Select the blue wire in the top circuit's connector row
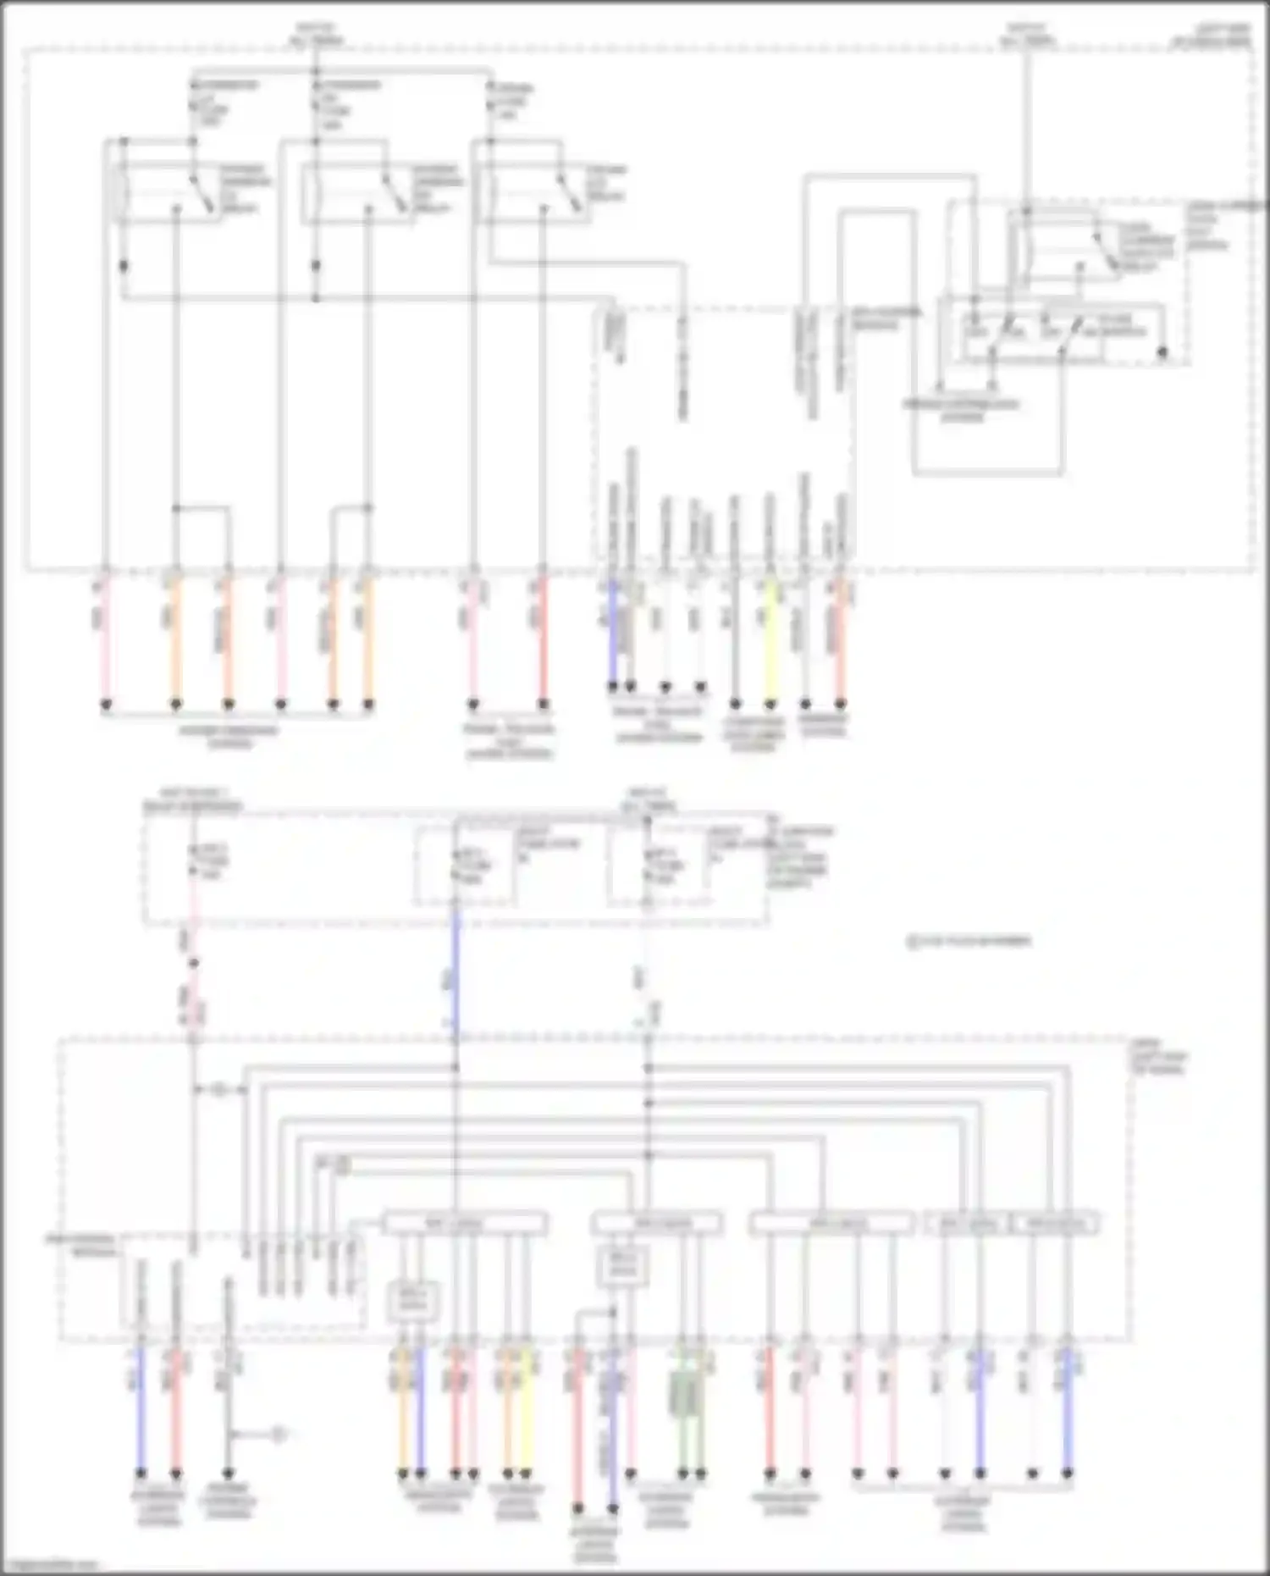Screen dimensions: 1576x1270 612,631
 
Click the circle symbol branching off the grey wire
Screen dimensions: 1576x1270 279,1435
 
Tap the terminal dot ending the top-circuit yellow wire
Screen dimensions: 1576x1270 770,704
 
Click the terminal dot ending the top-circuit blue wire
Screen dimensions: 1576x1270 612,686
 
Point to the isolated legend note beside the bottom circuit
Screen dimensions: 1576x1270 969,941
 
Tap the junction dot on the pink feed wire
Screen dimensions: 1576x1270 193,963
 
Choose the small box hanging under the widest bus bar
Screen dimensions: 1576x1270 414,1301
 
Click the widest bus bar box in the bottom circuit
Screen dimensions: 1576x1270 465,1224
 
